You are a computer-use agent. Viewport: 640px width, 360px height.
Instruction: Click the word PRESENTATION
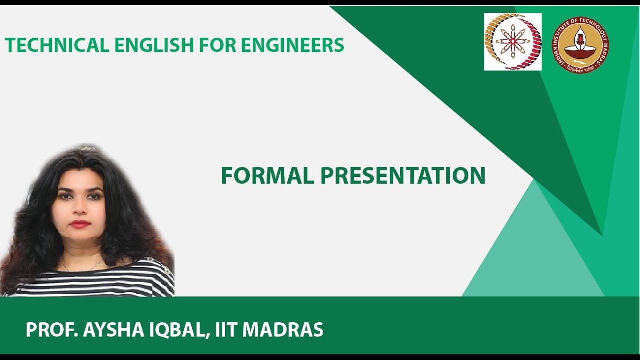point(403,176)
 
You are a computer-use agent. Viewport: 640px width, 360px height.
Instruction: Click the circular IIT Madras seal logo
point(580,45)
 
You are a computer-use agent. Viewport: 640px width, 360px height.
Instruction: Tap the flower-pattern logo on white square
point(513,42)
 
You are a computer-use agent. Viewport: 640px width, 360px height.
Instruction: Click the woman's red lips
point(80,224)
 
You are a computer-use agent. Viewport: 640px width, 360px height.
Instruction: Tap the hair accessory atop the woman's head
point(87,148)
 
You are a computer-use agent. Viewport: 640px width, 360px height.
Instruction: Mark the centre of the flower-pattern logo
point(513,42)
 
